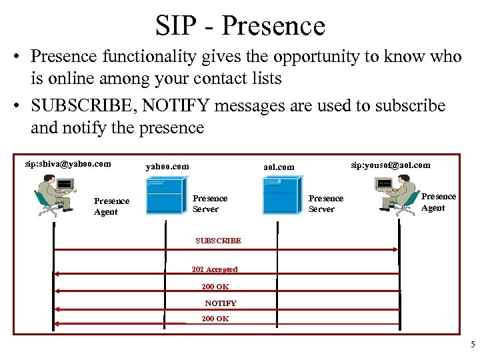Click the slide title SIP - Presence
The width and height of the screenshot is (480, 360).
pyautogui.click(x=240, y=26)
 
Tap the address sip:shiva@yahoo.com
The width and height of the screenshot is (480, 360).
pyautogui.click(x=67, y=163)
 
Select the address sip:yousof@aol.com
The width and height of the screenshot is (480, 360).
pyautogui.click(x=391, y=165)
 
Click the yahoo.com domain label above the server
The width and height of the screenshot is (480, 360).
pyautogui.click(x=167, y=166)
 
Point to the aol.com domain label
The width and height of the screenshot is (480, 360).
pyautogui.click(x=279, y=167)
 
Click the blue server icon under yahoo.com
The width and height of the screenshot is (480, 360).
pyautogui.click(x=165, y=194)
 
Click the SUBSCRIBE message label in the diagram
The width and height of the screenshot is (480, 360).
pyautogui.click(x=218, y=241)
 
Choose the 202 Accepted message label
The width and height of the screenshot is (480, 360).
pyautogui.click(x=214, y=269)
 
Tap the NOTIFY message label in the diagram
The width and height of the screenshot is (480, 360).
pyautogui.click(x=220, y=303)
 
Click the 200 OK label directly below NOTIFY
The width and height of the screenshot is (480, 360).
pyautogui.click(x=215, y=319)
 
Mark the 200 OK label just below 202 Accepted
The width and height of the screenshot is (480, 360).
pyautogui.click(x=215, y=287)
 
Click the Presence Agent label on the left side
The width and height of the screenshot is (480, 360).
pyautogui.click(x=111, y=207)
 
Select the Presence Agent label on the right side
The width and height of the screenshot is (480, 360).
pyautogui.click(x=438, y=202)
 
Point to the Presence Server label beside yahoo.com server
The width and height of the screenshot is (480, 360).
pyautogui.click(x=209, y=203)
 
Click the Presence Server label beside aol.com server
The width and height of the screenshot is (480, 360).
pyautogui.click(x=326, y=203)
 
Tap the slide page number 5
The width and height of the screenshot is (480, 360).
pyautogui.click(x=473, y=345)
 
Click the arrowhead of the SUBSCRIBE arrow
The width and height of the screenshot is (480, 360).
pyautogui.click(x=395, y=249)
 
